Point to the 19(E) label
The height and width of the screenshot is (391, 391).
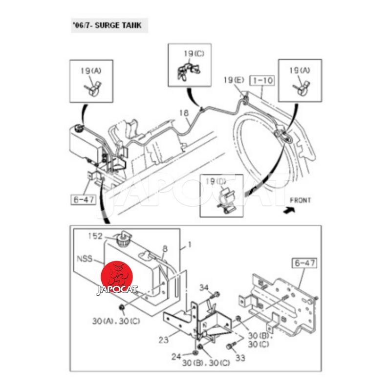(x=234, y=80)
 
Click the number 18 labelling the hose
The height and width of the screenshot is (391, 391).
(x=183, y=113)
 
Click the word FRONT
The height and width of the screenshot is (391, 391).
(x=300, y=200)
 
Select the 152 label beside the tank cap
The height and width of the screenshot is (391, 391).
(x=95, y=236)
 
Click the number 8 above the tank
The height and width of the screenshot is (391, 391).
(x=165, y=249)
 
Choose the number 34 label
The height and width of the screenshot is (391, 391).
(x=203, y=287)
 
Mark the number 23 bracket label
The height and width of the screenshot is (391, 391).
(x=164, y=339)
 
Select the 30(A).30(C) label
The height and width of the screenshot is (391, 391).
(x=115, y=322)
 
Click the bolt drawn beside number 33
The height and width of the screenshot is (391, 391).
(x=230, y=347)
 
